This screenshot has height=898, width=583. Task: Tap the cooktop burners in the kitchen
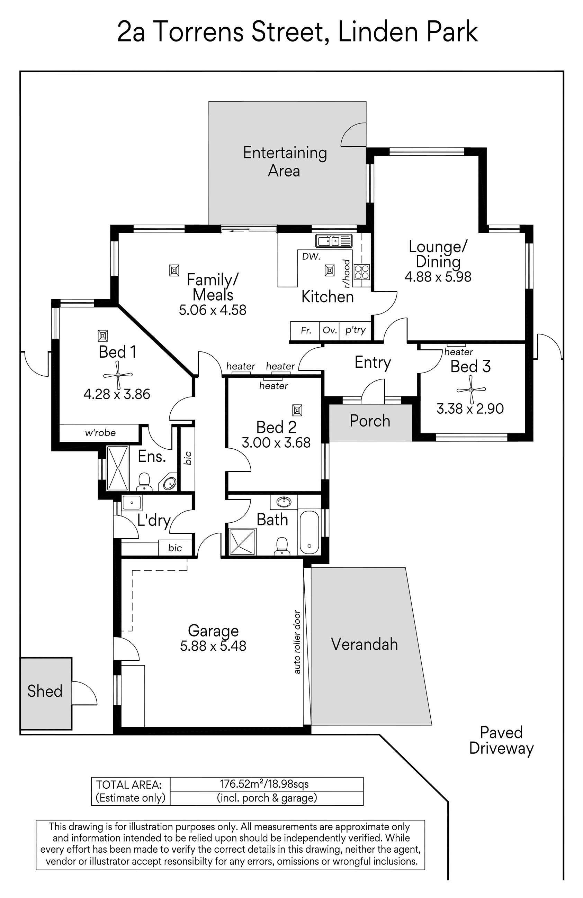(x=361, y=272)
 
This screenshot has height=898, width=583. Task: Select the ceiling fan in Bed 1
(x=118, y=375)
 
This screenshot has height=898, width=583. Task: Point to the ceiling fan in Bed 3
(x=471, y=390)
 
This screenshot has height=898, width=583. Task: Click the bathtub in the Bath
(x=309, y=532)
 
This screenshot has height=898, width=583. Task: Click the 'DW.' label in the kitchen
(x=311, y=257)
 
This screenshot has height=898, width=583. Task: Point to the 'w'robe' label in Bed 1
(x=100, y=433)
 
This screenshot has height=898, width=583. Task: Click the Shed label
(x=45, y=691)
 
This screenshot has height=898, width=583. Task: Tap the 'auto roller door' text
(x=297, y=642)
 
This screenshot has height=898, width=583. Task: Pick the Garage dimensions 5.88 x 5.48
(x=213, y=646)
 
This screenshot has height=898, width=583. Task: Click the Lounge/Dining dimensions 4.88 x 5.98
(x=438, y=277)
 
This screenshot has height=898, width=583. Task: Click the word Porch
(x=370, y=421)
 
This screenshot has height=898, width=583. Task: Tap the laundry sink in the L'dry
(x=132, y=503)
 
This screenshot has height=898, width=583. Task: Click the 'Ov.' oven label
(x=330, y=331)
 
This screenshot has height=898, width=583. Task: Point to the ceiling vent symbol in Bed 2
(x=297, y=410)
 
